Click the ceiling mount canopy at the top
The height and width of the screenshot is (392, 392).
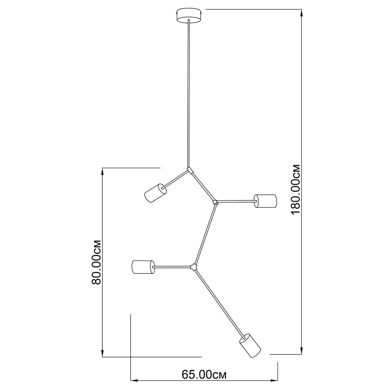pyautogui.click(x=189, y=16)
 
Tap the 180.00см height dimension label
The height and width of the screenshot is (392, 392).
pyautogui.click(x=296, y=189)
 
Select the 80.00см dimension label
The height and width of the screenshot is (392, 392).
pyautogui.click(x=96, y=262)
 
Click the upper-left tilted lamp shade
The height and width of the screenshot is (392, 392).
pyautogui.click(x=155, y=193)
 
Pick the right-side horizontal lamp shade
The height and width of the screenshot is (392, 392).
pyautogui.click(x=265, y=201)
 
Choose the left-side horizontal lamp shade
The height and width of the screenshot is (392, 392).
pyautogui.click(x=143, y=267)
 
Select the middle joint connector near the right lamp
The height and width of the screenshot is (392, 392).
pyautogui.click(x=215, y=202)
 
